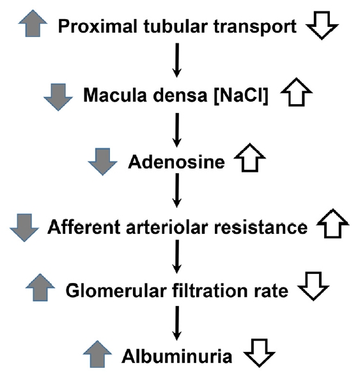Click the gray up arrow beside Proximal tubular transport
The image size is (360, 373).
click(x=33, y=24)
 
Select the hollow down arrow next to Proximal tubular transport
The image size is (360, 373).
click(x=322, y=25)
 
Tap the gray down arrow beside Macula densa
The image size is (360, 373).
click(x=58, y=97)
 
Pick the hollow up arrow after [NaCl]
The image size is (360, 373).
click(x=297, y=92)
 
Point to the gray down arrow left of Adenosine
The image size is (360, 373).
click(x=102, y=162)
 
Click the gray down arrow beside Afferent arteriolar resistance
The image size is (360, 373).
click(x=24, y=227)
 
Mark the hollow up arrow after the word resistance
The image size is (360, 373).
click(x=333, y=224)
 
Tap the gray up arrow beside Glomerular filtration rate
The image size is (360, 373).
click(x=40, y=287)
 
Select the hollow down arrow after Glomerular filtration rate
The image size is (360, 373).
click(x=313, y=286)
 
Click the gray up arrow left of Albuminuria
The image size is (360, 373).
click(x=97, y=354)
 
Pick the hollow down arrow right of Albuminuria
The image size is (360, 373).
click(x=259, y=353)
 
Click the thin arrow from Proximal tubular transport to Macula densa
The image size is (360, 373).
click(x=177, y=60)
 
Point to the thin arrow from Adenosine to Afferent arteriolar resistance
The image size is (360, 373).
click(x=177, y=190)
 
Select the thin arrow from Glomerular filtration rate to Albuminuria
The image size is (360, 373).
click(x=177, y=323)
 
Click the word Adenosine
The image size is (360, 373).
click(x=176, y=162)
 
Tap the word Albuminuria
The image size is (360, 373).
click(x=177, y=356)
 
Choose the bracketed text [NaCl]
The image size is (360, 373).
click(x=241, y=96)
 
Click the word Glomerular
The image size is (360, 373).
click(x=116, y=291)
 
